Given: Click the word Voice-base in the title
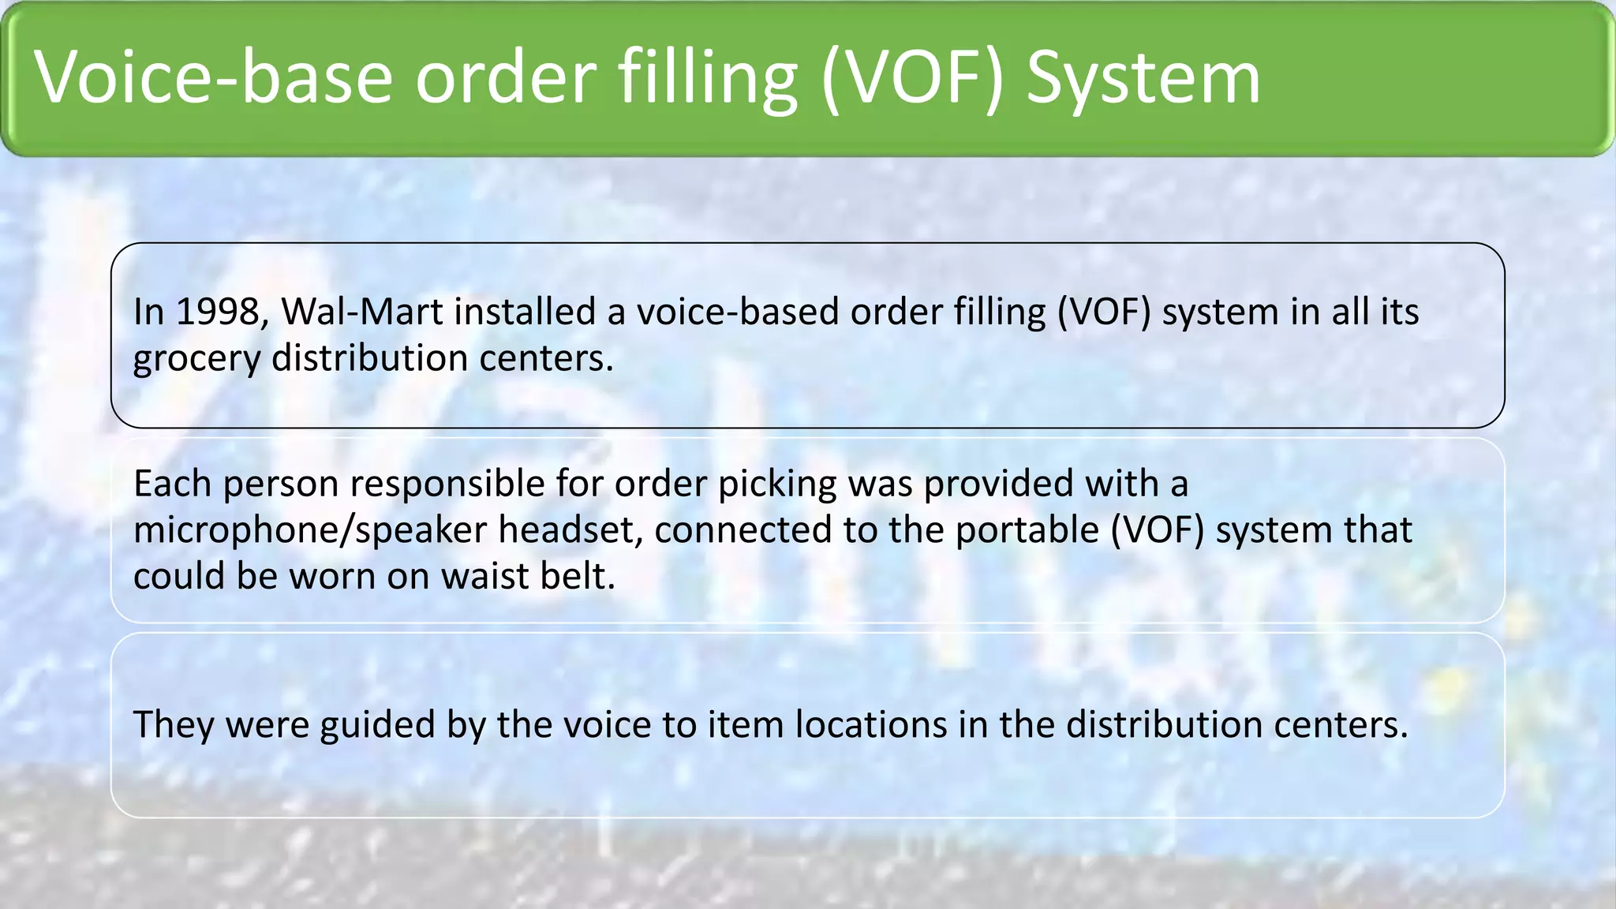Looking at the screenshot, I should pyautogui.click(x=214, y=77).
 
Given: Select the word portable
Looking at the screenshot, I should pyautogui.click(x=1027, y=530).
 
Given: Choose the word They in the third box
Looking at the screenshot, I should pyautogui.click(x=174, y=725).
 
